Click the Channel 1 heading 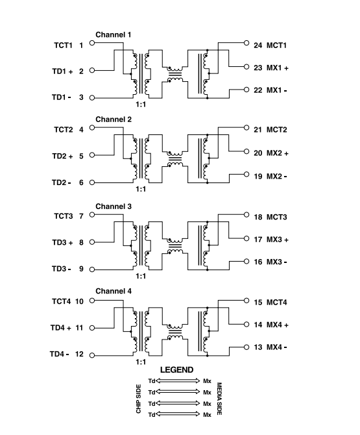click(113, 34)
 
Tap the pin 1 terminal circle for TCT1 click(92, 43)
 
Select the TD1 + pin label click(62, 71)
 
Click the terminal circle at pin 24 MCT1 click(246, 43)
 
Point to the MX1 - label click(276, 90)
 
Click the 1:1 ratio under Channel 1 click(141, 105)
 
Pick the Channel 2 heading click(114, 119)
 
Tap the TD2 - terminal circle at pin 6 click(92, 182)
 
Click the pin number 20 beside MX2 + click(258, 153)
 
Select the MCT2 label click(276, 130)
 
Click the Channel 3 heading click(114, 206)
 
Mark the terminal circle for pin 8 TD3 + click(92, 242)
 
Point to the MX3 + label click(278, 240)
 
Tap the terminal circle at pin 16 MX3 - click(246, 262)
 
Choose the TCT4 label click(61, 301)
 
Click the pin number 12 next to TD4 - click(79, 354)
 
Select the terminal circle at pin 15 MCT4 click(246, 301)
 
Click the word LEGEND click(177, 370)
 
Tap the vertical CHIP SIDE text click(139, 399)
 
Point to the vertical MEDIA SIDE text click(219, 399)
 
